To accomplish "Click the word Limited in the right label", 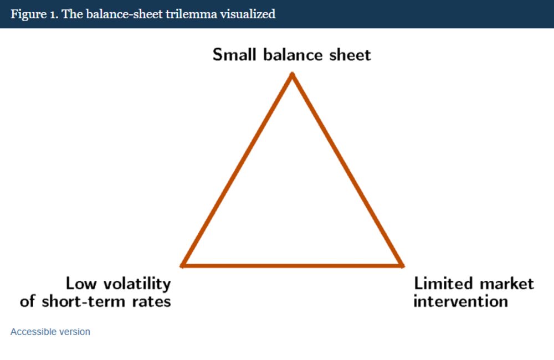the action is point(443,284).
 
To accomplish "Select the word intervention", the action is point(461,301).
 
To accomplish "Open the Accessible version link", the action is point(50,332).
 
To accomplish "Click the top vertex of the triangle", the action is point(292,74).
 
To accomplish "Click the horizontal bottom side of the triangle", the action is point(292,266).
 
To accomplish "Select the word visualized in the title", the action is point(248,14).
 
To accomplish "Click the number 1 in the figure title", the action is point(54,14).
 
